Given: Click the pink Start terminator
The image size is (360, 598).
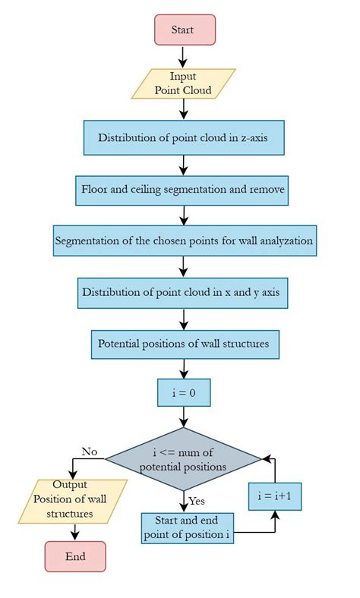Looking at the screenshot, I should [x=183, y=30].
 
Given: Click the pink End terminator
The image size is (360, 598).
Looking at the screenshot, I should [x=74, y=556].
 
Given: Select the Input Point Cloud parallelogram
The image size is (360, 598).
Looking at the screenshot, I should [x=183, y=83].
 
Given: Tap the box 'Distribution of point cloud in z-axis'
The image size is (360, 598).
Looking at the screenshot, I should [x=183, y=137].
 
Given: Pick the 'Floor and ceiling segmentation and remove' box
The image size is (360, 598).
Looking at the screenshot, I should [x=183, y=190].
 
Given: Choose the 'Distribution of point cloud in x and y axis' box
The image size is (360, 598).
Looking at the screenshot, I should [x=183, y=292].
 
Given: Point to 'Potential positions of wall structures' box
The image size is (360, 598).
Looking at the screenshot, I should [x=183, y=343].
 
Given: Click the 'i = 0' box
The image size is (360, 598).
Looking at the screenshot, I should [x=183, y=394].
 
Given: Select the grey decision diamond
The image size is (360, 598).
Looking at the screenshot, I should [x=183, y=458].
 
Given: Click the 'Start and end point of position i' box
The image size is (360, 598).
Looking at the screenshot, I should [x=187, y=528].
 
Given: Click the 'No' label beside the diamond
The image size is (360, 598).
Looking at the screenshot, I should [x=89, y=451].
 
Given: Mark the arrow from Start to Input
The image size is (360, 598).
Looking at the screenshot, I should [x=183, y=56].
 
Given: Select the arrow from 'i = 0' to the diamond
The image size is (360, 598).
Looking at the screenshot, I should [x=183, y=417].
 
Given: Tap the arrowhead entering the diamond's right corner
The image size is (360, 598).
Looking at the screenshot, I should [x=266, y=458].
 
